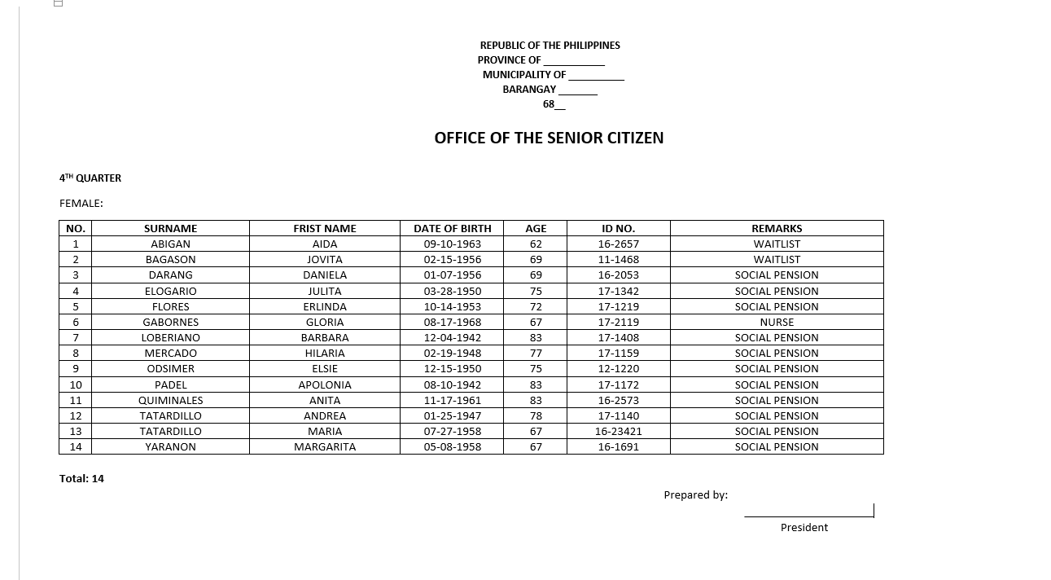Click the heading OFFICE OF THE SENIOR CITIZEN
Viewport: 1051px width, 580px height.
[549, 138]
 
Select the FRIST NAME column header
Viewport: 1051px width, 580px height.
[324, 228]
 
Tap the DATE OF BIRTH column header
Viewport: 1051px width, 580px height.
[452, 228]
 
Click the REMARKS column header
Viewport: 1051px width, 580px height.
[776, 228]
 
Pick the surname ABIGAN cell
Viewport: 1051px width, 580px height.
[170, 244]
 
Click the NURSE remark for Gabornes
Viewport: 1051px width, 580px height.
[776, 322]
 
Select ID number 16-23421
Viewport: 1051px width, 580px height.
[618, 431]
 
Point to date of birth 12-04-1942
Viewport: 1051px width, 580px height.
[452, 337]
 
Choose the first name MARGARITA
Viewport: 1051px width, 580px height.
[324, 446]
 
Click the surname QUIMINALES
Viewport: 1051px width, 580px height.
[170, 400]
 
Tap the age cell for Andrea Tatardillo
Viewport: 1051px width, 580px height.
[536, 415]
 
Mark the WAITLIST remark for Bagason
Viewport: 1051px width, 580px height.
[776, 259]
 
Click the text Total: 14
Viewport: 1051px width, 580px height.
[81, 478]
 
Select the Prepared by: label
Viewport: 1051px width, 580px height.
[695, 494]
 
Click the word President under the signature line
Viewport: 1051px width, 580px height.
[804, 527]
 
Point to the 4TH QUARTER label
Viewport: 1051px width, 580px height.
[90, 178]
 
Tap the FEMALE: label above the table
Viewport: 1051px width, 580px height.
[81, 203]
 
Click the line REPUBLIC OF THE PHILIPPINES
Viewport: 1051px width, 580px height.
[550, 45]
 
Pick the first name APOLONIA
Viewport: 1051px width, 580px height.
[324, 384]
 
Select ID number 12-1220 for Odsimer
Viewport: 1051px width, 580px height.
[618, 368]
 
